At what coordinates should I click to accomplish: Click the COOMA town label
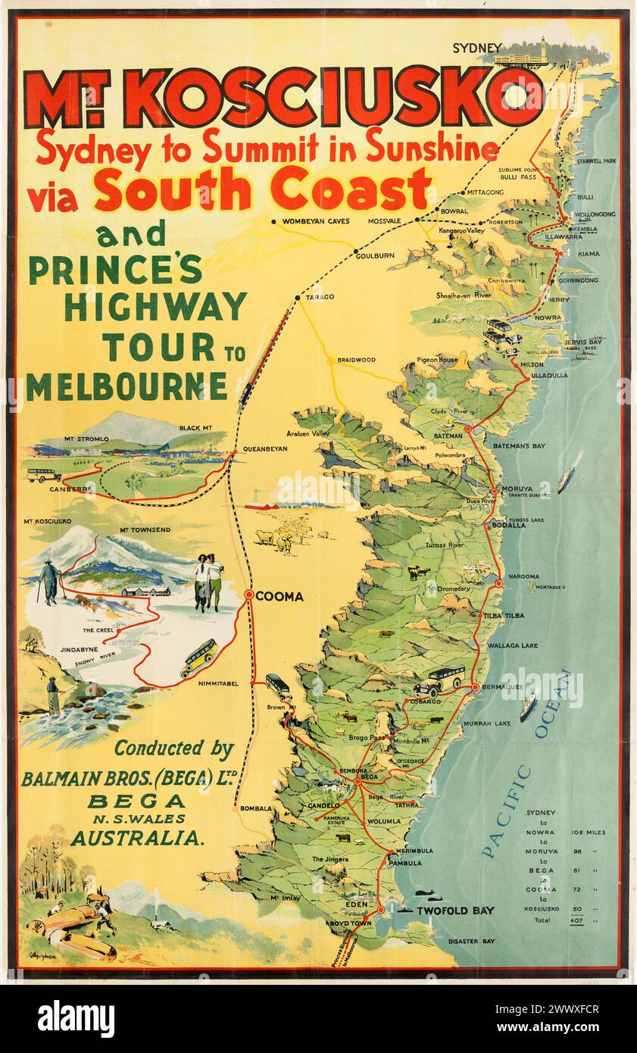pos(279,597)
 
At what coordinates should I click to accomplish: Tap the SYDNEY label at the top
pos(477,48)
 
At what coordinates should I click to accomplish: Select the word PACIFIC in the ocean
pos(507,811)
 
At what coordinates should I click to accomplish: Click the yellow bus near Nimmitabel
pos(198,656)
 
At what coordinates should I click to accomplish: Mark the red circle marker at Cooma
pos(248,595)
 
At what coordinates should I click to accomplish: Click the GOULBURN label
pos(375,256)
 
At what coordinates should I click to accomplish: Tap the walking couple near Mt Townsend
pos(208,582)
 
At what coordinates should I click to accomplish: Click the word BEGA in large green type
pos(136,801)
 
